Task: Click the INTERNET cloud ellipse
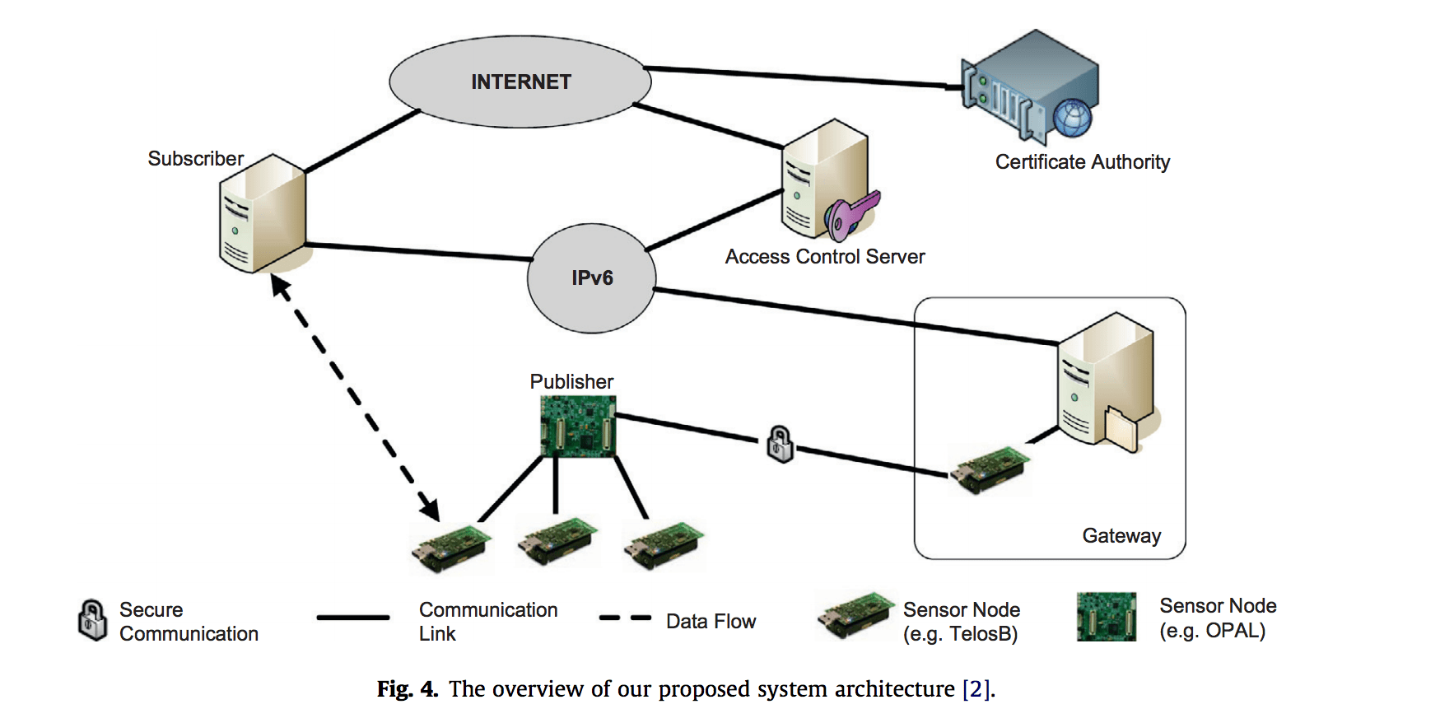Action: [520, 82]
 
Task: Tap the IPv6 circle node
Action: [592, 278]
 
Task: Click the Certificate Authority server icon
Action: [1029, 86]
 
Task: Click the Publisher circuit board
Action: [578, 426]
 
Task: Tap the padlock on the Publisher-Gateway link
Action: [780, 444]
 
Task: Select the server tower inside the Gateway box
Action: [1107, 379]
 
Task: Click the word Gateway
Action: [1121, 536]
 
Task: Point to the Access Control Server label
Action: [825, 257]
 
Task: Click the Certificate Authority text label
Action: [1082, 162]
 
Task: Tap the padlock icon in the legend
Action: [92, 620]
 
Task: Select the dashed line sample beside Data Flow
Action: [625, 618]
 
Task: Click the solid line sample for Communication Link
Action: [353, 618]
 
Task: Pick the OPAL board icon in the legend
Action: [1107, 617]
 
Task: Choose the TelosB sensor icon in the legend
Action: [856, 615]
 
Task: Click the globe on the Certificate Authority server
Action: [1072, 118]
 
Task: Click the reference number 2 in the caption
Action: [976, 689]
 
